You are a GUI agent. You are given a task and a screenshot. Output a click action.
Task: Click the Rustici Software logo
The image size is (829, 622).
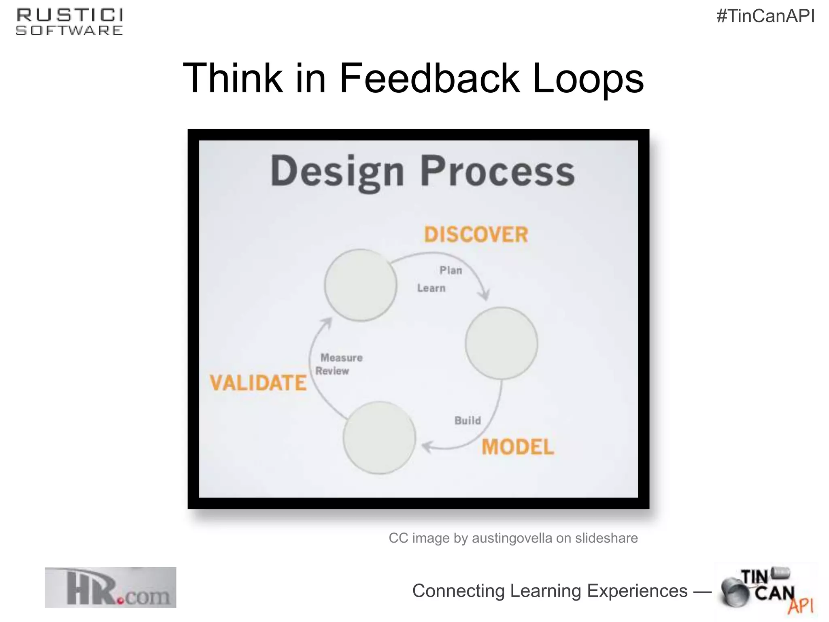click(70, 22)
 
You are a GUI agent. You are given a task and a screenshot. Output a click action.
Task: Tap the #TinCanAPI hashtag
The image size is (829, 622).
click(765, 16)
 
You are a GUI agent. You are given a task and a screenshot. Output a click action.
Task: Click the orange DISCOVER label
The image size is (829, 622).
click(476, 234)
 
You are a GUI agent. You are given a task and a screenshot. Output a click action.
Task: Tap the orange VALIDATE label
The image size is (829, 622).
click(258, 383)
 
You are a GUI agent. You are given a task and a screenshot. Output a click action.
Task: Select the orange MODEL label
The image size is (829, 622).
click(518, 447)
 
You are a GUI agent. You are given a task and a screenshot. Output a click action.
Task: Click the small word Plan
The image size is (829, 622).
click(451, 270)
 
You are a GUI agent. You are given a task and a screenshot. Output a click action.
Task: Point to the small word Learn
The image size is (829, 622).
click(431, 288)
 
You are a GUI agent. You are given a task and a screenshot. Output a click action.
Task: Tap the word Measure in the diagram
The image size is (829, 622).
click(341, 358)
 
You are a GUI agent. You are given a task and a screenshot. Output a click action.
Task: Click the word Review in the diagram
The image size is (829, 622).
click(332, 371)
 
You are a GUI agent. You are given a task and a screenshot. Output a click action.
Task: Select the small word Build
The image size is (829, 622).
click(468, 420)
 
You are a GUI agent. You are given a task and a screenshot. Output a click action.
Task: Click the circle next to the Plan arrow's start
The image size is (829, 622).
click(360, 285)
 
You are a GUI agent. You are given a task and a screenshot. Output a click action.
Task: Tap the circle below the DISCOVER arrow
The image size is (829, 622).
click(501, 343)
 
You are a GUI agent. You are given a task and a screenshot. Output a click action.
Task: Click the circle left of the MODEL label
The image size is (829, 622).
click(379, 437)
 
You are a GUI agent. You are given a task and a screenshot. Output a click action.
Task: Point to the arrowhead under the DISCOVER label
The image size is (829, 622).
click(484, 295)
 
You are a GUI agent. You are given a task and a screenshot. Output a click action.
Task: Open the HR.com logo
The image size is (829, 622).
click(111, 587)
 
